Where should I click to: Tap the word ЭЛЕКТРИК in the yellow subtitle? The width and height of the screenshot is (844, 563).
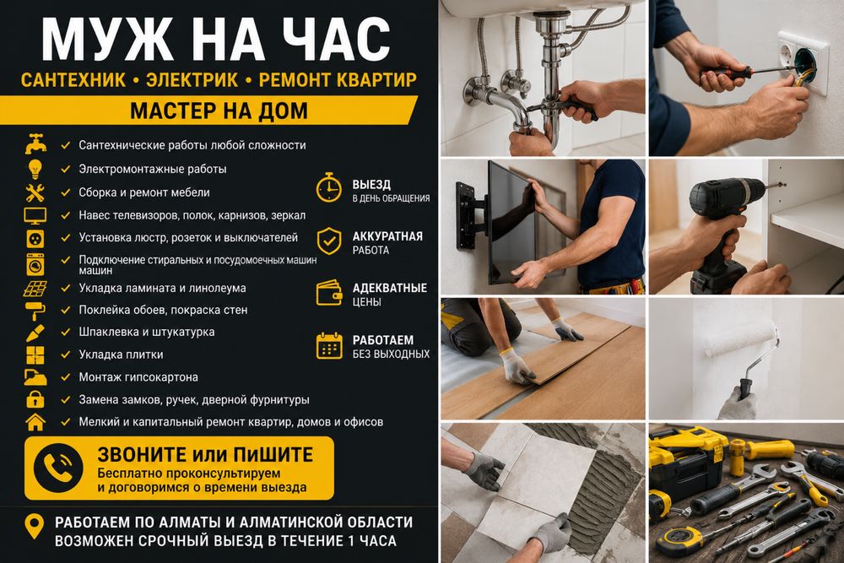[192, 79]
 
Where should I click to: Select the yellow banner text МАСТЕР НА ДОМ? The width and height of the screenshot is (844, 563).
[219, 111]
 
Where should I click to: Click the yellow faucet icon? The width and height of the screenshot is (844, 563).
[35, 144]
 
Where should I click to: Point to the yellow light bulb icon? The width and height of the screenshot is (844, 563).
[35, 169]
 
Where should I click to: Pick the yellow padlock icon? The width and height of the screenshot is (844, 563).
[35, 399]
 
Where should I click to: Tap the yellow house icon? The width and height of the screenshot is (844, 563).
[35, 422]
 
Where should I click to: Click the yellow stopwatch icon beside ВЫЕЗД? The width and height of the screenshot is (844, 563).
[328, 187]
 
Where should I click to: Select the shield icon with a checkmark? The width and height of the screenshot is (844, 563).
[329, 241]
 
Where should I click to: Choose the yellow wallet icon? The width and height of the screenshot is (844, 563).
[329, 293]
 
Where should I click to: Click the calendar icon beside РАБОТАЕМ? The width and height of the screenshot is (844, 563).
[329, 345]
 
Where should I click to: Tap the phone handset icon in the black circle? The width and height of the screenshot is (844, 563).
[57, 468]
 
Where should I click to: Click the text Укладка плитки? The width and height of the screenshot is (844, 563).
[121, 355]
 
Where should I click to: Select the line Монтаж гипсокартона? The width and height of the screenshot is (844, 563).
[138, 377]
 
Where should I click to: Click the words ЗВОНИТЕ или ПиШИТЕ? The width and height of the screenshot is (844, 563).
[205, 455]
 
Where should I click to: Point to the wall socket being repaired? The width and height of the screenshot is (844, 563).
[802, 62]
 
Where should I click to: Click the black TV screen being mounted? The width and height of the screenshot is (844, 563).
[511, 222]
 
